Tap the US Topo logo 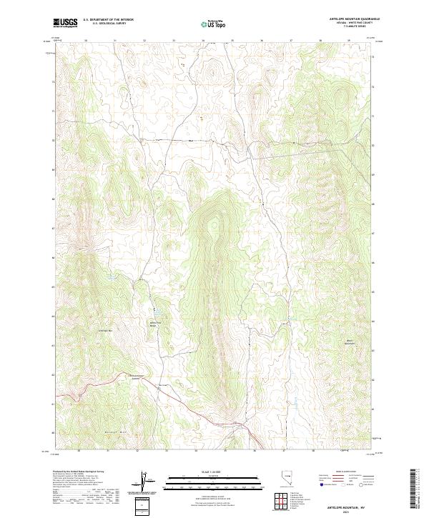[x=214, y=24]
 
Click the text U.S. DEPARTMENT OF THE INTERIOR [x=108, y=21]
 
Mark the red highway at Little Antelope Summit [x=150, y=385]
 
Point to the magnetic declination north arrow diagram [x=142, y=481]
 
